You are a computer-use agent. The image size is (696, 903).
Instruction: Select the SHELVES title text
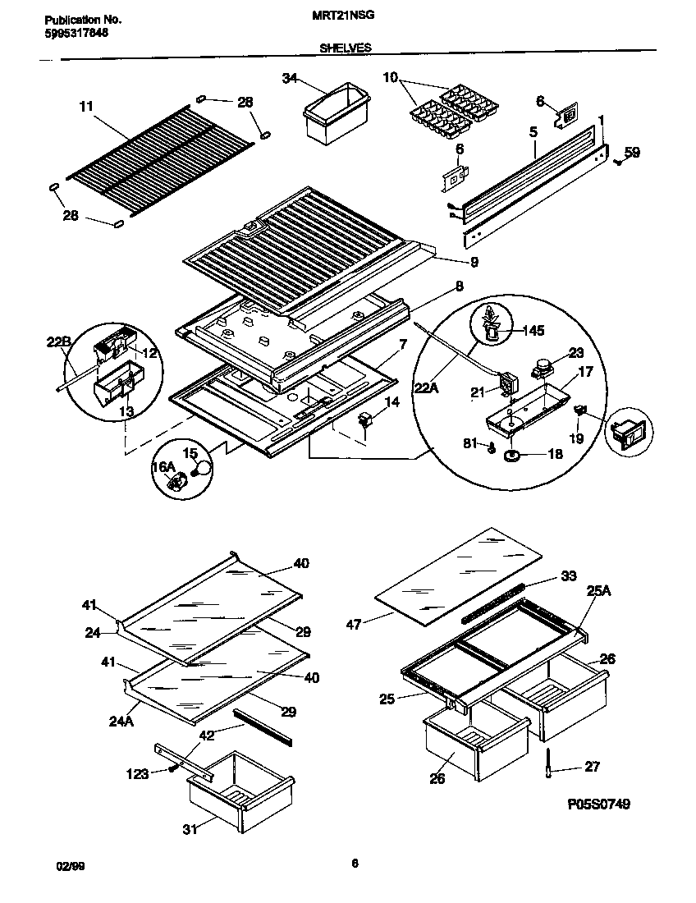point(345,48)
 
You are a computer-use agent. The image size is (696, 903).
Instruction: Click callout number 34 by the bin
point(289,78)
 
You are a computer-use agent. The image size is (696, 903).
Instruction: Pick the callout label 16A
point(165,467)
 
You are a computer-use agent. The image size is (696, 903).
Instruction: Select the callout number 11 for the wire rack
point(86,107)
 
